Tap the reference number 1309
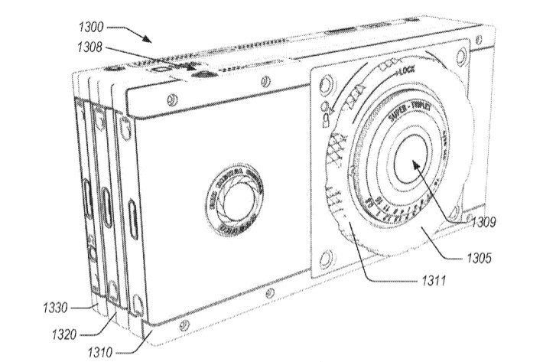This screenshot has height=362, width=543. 485,224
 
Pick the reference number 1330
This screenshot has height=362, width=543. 55,308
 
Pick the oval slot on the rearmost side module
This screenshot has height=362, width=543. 87,201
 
